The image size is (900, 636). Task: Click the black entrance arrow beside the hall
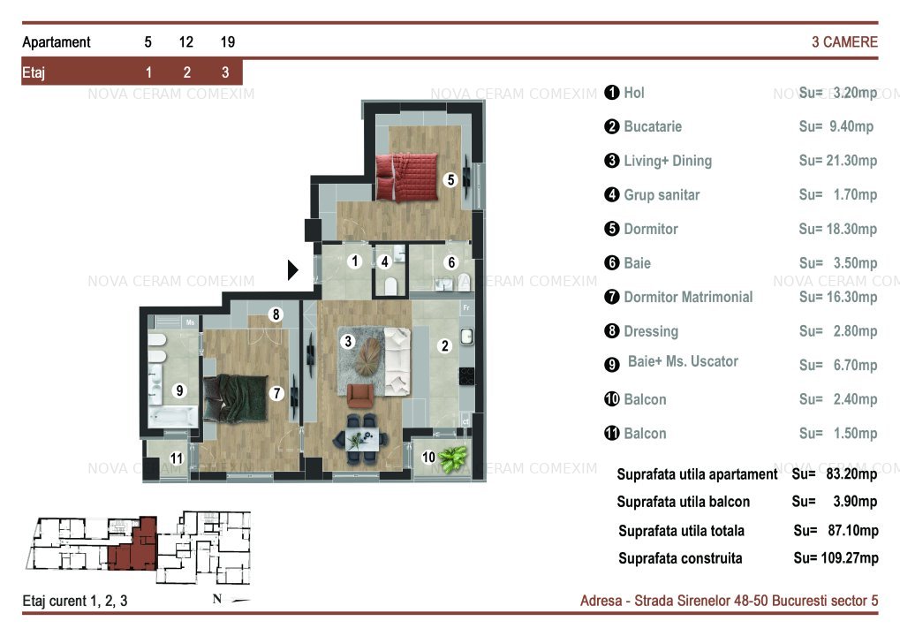tap(292, 269)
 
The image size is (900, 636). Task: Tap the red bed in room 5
tap(406, 177)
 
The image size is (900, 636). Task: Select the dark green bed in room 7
tap(235, 397)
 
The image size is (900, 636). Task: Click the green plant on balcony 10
tap(453, 458)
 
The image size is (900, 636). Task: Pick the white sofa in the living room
tap(397, 361)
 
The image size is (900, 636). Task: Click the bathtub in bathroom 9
tap(173, 417)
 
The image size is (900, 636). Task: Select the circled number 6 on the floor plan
tap(451, 262)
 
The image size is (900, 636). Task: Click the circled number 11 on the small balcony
tap(177, 458)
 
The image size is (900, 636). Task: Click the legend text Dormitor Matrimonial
tap(688, 297)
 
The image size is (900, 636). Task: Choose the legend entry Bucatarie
tap(653, 126)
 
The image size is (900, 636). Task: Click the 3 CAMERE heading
tap(844, 42)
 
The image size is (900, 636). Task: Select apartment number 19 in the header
tap(228, 42)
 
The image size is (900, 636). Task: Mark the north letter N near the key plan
tap(217, 599)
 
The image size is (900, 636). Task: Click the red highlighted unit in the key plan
tap(133, 544)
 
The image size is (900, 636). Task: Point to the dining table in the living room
tap(361, 441)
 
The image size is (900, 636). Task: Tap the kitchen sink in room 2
tap(467, 337)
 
